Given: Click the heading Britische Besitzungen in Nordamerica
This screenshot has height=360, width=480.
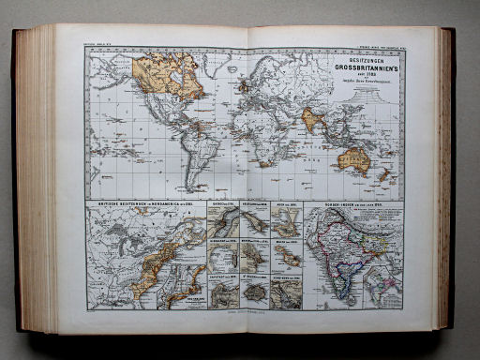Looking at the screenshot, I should click(141, 204).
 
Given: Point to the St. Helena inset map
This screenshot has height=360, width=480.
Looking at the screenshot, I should click(254, 292).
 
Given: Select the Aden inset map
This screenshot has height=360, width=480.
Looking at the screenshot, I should click(286, 221).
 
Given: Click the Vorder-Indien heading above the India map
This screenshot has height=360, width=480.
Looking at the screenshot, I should click(347, 204).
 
